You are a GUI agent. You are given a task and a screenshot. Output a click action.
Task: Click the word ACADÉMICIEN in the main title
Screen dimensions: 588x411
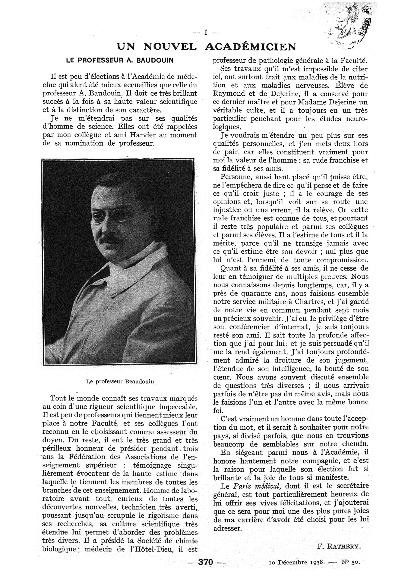(251, 47)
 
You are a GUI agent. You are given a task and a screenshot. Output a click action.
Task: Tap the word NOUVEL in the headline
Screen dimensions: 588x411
(170, 47)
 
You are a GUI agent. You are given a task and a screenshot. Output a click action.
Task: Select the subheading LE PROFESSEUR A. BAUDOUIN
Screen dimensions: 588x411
(120, 60)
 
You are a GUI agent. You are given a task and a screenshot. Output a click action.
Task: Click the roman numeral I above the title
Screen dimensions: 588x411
(205, 33)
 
